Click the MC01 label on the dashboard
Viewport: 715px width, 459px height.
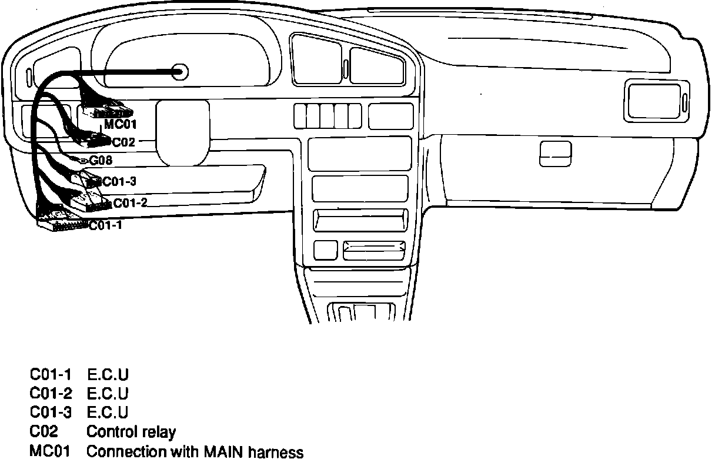(x=121, y=125)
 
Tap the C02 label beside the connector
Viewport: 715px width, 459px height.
(x=123, y=142)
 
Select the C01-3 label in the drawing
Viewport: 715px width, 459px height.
(x=119, y=181)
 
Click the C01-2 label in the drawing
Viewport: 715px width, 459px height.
(x=130, y=203)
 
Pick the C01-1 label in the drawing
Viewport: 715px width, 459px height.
(x=106, y=225)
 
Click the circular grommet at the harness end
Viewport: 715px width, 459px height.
(x=181, y=72)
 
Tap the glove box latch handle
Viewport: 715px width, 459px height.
(x=555, y=154)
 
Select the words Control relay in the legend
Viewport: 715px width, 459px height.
(x=131, y=432)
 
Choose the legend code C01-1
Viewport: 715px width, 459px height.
(x=50, y=374)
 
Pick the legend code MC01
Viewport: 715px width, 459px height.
(x=50, y=452)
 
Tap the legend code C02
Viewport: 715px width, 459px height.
(x=44, y=432)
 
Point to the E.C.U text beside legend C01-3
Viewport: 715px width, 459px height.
(x=108, y=413)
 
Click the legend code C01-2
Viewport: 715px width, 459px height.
(x=50, y=393)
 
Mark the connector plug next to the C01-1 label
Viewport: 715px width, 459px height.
(x=62, y=224)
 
